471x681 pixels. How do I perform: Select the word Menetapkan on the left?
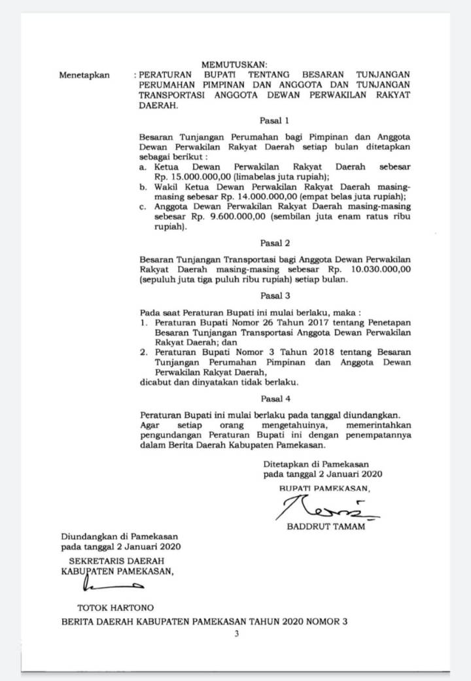pos(84,75)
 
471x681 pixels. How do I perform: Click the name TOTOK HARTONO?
pos(116,608)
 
